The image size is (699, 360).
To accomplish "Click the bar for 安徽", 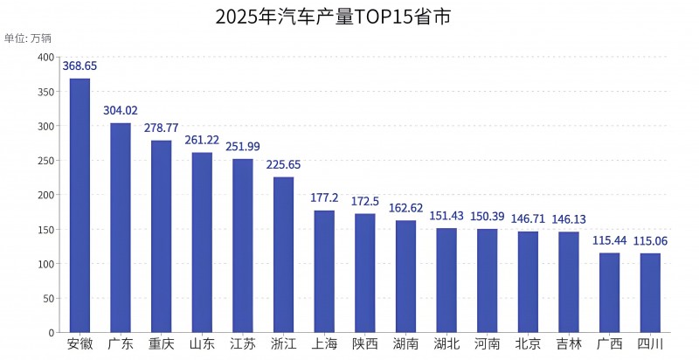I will (80, 205).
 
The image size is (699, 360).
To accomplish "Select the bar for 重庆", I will (161, 236).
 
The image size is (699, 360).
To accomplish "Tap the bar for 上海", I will (324, 271).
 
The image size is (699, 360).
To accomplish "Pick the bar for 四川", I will (650, 293).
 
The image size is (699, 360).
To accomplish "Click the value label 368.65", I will (80, 66).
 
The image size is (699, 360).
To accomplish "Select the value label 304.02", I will (121, 110).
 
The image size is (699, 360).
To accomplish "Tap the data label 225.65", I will (283, 164).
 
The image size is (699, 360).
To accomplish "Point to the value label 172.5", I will (365, 201).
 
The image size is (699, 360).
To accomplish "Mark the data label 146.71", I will (528, 218).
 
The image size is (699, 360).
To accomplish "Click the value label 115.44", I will (610, 240).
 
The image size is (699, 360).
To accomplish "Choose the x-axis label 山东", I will (202, 344).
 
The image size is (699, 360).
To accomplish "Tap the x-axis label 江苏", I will (243, 344).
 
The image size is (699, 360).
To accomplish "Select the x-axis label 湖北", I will (446, 344).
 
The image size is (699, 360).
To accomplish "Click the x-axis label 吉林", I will (569, 344).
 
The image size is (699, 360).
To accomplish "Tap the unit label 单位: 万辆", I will (28, 38).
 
